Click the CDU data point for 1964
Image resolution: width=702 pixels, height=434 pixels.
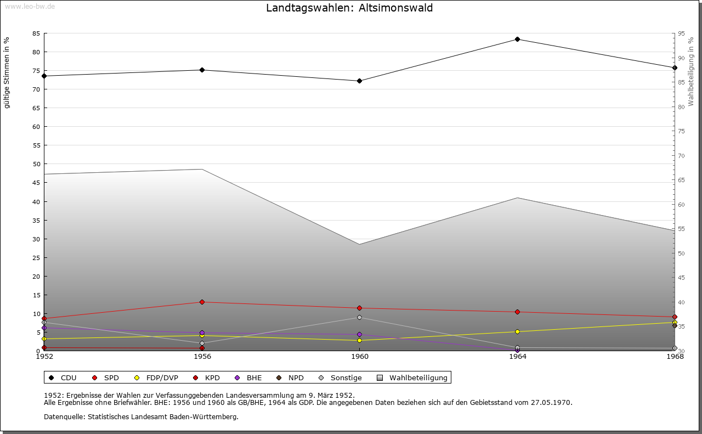coord(517,39)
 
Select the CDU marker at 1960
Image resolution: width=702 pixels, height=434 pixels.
coord(359,81)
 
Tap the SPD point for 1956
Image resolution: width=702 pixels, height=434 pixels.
coord(202,302)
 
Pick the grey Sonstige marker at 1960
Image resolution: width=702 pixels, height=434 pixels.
coord(359,317)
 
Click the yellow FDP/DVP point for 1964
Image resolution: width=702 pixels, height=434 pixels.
coord(517,331)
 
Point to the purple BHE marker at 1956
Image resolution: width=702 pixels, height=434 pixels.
coord(202,332)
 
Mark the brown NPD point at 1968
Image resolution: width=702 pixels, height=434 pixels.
coord(675,325)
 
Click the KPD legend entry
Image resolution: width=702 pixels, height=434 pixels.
coord(206,377)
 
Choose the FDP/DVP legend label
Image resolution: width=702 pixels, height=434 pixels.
coord(162,377)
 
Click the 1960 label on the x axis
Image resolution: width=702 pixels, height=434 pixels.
coord(360,357)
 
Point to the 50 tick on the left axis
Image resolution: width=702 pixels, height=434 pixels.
coord(36,164)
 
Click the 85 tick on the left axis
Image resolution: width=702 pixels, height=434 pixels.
coord(36,33)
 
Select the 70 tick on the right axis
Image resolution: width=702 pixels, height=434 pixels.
coord(681,155)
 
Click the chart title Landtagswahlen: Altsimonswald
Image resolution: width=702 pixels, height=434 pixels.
coord(349,8)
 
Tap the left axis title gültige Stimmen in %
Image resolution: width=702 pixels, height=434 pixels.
coord(6,73)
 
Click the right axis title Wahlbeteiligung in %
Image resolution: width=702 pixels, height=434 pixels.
coord(690,71)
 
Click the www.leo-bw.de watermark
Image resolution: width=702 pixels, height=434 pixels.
coord(30,7)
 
